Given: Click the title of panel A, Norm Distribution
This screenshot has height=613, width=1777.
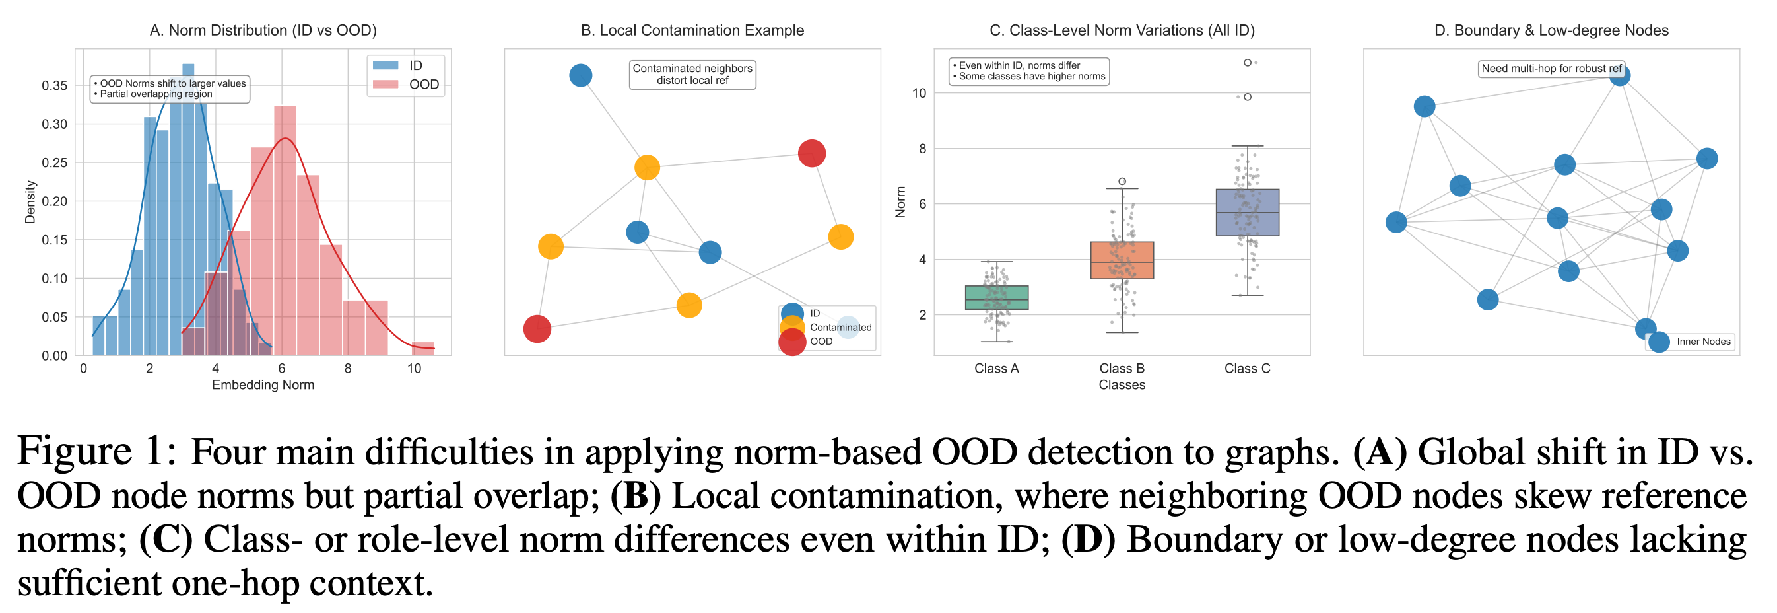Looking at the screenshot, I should pos(263,30).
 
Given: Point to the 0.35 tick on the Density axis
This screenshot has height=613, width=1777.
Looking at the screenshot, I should pos(55,86).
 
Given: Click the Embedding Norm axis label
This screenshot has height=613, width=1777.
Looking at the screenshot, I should pos(263,385).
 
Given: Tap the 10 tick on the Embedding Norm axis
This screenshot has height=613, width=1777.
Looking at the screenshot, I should pos(414,369).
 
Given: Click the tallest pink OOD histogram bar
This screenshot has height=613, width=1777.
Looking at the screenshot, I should pos(285,228).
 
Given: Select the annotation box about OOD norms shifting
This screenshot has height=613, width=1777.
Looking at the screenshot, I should pos(170,89).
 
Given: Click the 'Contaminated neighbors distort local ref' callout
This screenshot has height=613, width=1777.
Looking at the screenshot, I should pos(692,75).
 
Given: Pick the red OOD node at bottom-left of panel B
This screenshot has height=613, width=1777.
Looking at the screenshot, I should pos(537,328).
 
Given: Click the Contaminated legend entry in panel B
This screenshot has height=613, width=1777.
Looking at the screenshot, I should pos(840,327).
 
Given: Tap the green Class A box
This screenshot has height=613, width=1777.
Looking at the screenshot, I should pos(996,297).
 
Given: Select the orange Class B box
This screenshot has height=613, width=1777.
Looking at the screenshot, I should pos(1122,260).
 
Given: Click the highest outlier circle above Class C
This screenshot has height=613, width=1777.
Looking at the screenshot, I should pos(1247,63).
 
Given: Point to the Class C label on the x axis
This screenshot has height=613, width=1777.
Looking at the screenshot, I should pos(1246,369).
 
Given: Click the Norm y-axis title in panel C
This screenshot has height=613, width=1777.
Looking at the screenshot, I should pos(900,202).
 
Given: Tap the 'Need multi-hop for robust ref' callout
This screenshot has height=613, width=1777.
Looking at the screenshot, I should pos(1551,68).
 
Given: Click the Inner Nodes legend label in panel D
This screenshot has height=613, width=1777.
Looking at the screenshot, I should pos(1703,342).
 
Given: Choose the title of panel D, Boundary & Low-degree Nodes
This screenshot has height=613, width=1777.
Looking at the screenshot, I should pos(1551,30).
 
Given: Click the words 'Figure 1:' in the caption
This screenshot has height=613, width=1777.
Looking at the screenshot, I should pos(96,452).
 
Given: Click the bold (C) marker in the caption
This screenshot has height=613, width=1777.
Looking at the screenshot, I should pos(166,540).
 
